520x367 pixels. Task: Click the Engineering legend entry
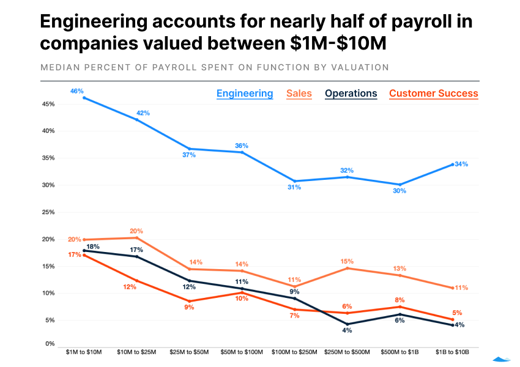(x=245, y=94)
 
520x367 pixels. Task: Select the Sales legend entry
(x=299, y=94)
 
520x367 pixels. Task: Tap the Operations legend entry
(x=351, y=94)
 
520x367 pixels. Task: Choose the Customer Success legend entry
(x=433, y=94)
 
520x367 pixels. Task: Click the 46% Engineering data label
(x=76, y=91)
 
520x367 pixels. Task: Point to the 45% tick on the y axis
(x=48, y=104)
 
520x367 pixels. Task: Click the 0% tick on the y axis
(x=50, y=344)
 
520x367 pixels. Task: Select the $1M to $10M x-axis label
(x=84, y=352)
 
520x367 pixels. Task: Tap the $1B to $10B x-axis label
(x=452, y=352)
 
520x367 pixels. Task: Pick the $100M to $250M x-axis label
(x=294, y=352)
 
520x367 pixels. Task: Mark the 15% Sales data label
(x=347, y=261)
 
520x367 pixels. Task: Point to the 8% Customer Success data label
(x=399, y=300)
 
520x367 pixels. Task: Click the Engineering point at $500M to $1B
(x=399, y=185)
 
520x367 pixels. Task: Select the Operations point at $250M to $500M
(x=347, y=324)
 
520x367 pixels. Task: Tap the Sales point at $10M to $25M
(x=136, y=238)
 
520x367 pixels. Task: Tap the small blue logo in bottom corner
(x=502, y=360)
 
